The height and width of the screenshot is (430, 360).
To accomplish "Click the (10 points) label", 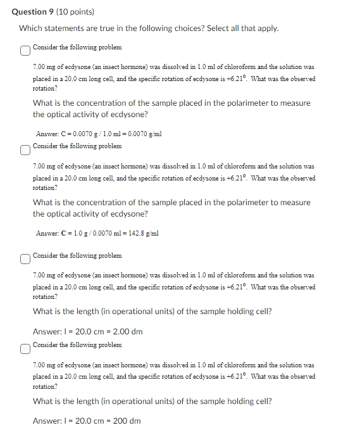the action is tap(66, 11).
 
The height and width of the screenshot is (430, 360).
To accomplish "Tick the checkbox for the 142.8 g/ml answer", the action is tap(24, 150).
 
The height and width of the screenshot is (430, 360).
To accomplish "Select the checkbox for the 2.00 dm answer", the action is tap(24, 259).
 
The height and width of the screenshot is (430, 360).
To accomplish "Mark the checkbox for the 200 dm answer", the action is tap(24, 348).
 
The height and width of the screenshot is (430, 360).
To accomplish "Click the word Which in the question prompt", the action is tap(30, 28).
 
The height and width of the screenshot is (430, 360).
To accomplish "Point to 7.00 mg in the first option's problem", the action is tap(43, 66).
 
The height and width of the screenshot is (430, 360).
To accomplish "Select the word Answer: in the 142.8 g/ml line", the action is tap(47, 233).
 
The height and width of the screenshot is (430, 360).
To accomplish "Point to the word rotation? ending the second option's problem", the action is tap(44, 188).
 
